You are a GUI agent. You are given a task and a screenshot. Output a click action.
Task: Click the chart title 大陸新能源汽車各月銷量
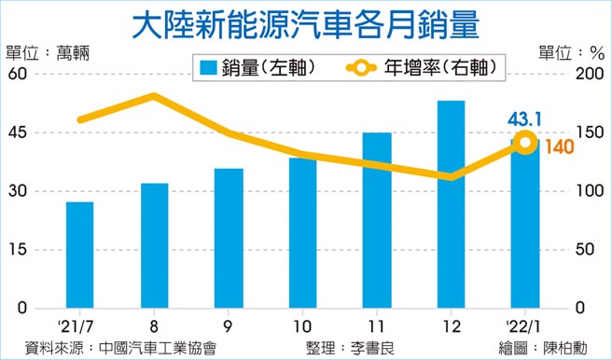(x=307, y=25)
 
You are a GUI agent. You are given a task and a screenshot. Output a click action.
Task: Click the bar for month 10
(x=302, y=233)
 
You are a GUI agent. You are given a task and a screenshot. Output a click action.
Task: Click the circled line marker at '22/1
(x=525, y=143)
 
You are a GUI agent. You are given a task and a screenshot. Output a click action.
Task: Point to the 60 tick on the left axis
(x=19, y=75)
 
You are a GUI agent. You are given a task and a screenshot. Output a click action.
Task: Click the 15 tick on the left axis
(x=19, y=250)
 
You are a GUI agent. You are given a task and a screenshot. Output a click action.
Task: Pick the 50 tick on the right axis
(x=587, y=250)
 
